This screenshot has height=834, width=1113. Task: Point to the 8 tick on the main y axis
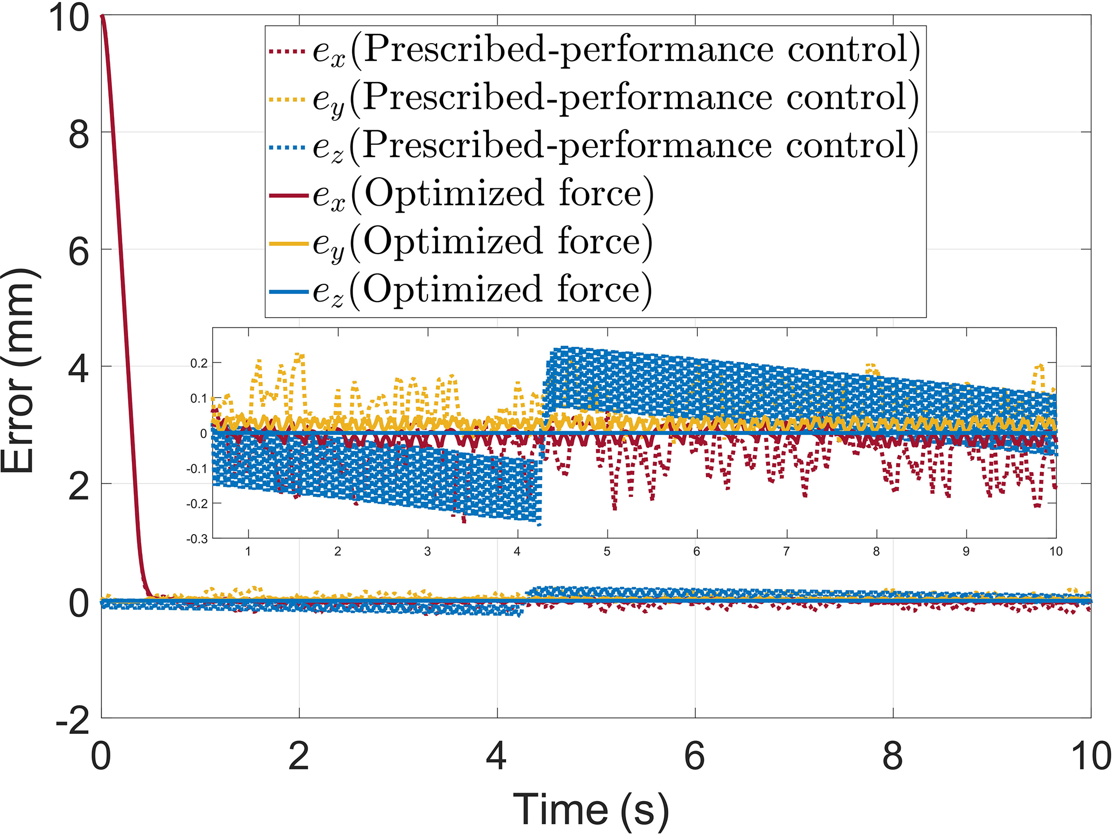pos(79,133)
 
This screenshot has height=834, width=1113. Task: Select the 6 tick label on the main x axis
pos(695,756)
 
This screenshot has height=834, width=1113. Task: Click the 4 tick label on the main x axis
pos(496,756)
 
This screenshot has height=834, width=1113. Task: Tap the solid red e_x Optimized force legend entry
pos(460,194)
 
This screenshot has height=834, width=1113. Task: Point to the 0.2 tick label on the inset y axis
pos(199,363)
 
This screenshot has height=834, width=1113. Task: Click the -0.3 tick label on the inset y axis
pos(197,539)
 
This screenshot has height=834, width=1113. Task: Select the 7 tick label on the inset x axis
pos(786,551)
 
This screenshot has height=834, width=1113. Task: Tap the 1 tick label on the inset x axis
pos(248,551)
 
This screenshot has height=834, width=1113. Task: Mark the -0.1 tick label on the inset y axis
pos(197,469)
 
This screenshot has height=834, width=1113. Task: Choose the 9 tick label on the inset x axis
pos(966,551)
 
